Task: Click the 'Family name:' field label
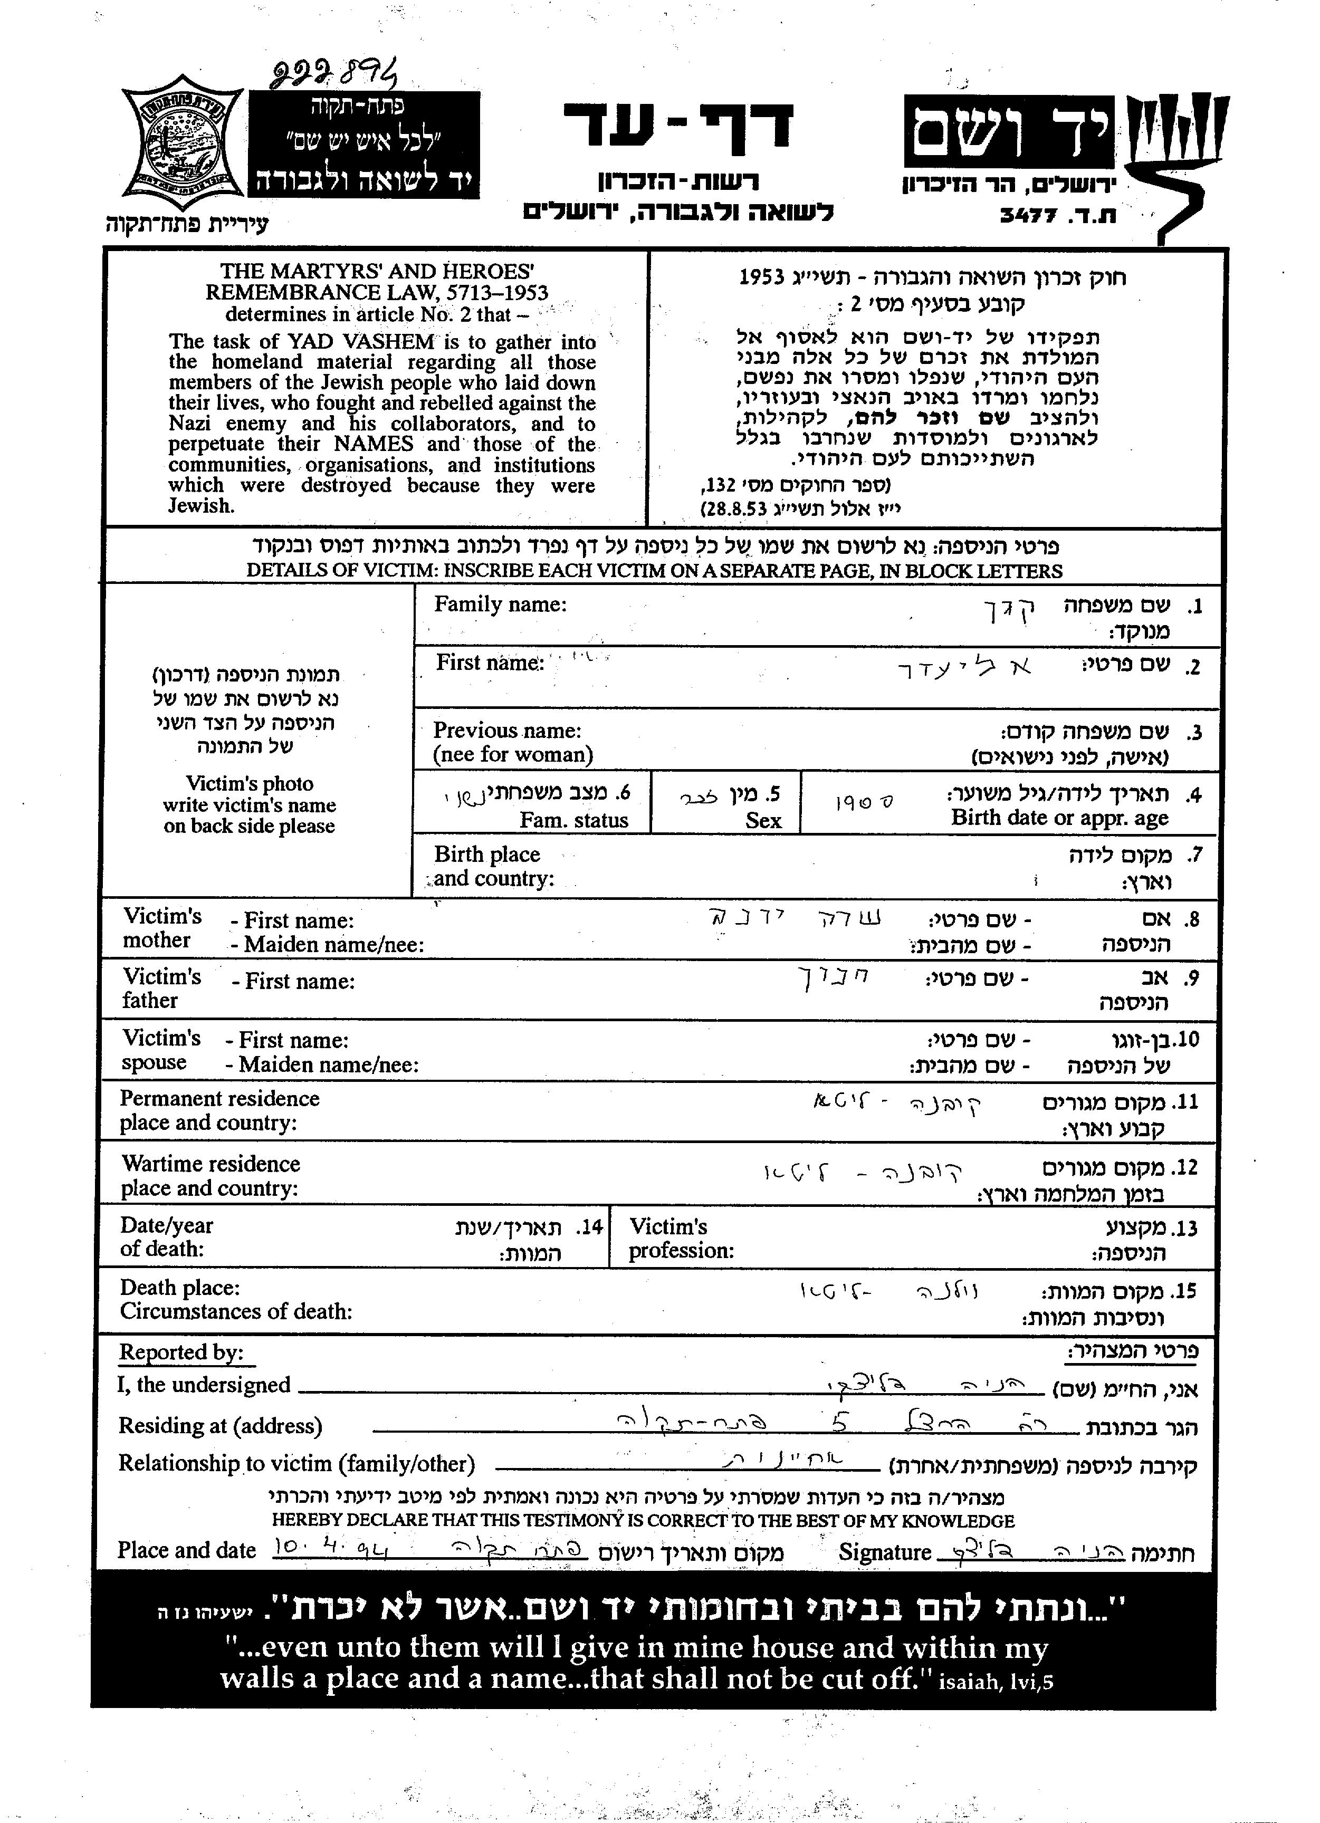(500, 605)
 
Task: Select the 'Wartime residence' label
(211, 1164)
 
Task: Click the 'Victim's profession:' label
(681, 1238)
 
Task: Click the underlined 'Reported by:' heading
(181, 1353)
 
